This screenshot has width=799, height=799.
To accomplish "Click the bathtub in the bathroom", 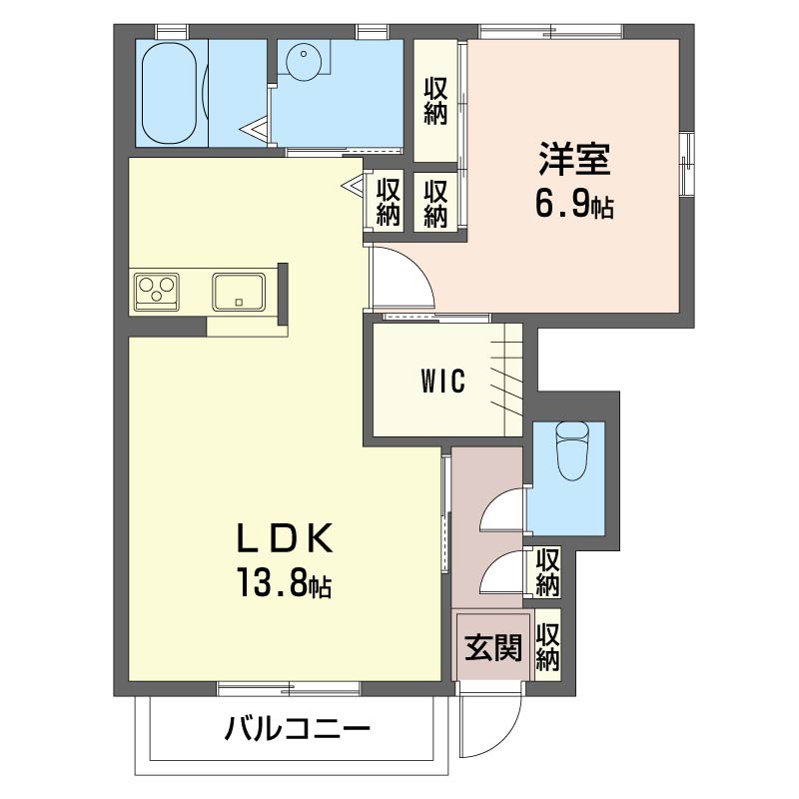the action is coord(169,93).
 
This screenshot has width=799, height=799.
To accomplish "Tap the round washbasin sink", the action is coord(305,59).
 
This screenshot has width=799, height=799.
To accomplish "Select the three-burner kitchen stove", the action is coord(157,292).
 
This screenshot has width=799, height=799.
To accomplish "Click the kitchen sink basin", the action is coord(239,292).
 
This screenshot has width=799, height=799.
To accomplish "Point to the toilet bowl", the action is coord(572,451).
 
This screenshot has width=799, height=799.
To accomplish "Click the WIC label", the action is coord(443,382).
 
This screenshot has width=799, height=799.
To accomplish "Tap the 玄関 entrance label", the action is coord(493,647).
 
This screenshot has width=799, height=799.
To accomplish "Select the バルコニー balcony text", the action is coord(298,729).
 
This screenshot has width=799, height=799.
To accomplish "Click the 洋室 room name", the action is coord(574,159).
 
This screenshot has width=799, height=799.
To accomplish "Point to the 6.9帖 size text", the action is coord(574,204).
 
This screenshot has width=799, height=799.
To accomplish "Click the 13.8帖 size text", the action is coord(284,583).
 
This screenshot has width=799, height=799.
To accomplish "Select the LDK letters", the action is coord(285,538).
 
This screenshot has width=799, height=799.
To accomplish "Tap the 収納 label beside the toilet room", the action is coord(547,571).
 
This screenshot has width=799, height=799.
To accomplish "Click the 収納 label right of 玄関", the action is coord(547,646).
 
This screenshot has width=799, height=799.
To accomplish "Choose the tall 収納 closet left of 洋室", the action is coord(435,101).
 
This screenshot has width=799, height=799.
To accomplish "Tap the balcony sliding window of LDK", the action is coord(289,689).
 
